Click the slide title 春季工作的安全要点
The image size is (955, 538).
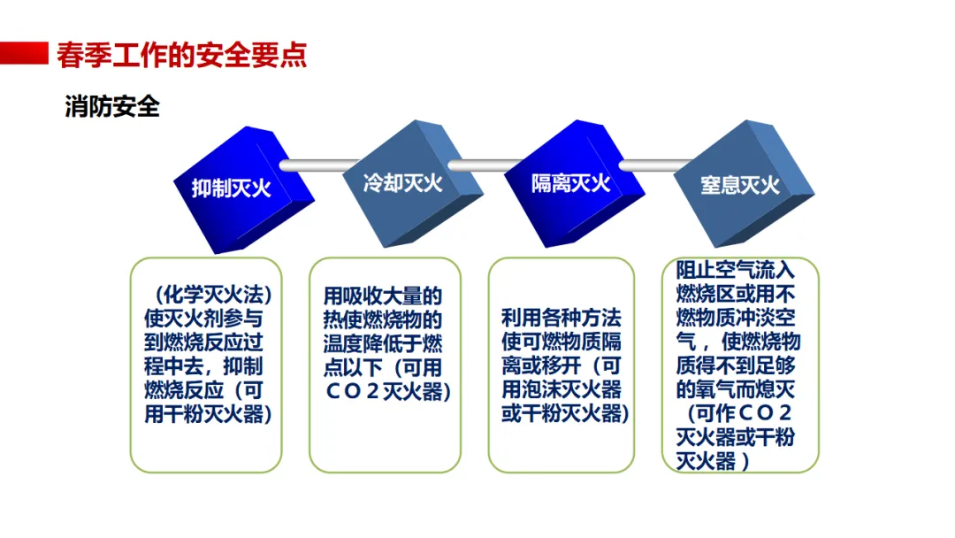[x=181, y=55]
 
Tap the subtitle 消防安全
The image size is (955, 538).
[x=112, y=107]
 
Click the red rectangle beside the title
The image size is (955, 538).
[x=24, y=52]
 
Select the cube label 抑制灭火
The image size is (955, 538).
[x=232, y=188]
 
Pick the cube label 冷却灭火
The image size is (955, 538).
[x=402, y=183]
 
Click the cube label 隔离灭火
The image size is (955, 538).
[x=570, y=183]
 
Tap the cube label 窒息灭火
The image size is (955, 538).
[x=740, y=185]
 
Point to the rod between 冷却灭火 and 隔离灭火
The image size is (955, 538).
[x=483, y=165]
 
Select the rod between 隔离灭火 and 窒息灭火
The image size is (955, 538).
[x=650, y=165]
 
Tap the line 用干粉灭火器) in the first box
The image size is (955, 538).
[x=207, y=413]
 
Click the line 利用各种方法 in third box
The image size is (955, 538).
[x=561, y=319]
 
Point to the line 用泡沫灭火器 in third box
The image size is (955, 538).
[x=561, y=390]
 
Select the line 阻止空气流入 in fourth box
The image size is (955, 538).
[x=736, y=269]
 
